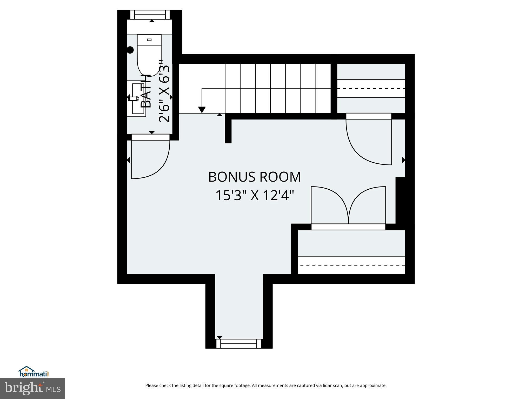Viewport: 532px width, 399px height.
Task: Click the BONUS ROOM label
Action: click(x=255, y=177)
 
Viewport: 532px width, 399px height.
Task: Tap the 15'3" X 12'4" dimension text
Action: click(x=255, y=196)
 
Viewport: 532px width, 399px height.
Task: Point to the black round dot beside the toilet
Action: click(x=130, y=50)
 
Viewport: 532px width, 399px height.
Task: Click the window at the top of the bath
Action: click(x=150, y=15)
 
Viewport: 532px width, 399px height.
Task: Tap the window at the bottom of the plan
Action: click(x=238, y=343)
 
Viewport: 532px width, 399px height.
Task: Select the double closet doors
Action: click(x=348, y=205)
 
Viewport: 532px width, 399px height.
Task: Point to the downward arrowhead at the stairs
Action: click(x=202, y=110)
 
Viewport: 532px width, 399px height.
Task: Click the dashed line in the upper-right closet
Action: click(x=371, y=89)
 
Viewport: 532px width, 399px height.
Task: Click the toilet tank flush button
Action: click(x=149, y=40)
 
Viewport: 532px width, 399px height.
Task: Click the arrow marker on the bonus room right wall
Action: click(x=403, y=160)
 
